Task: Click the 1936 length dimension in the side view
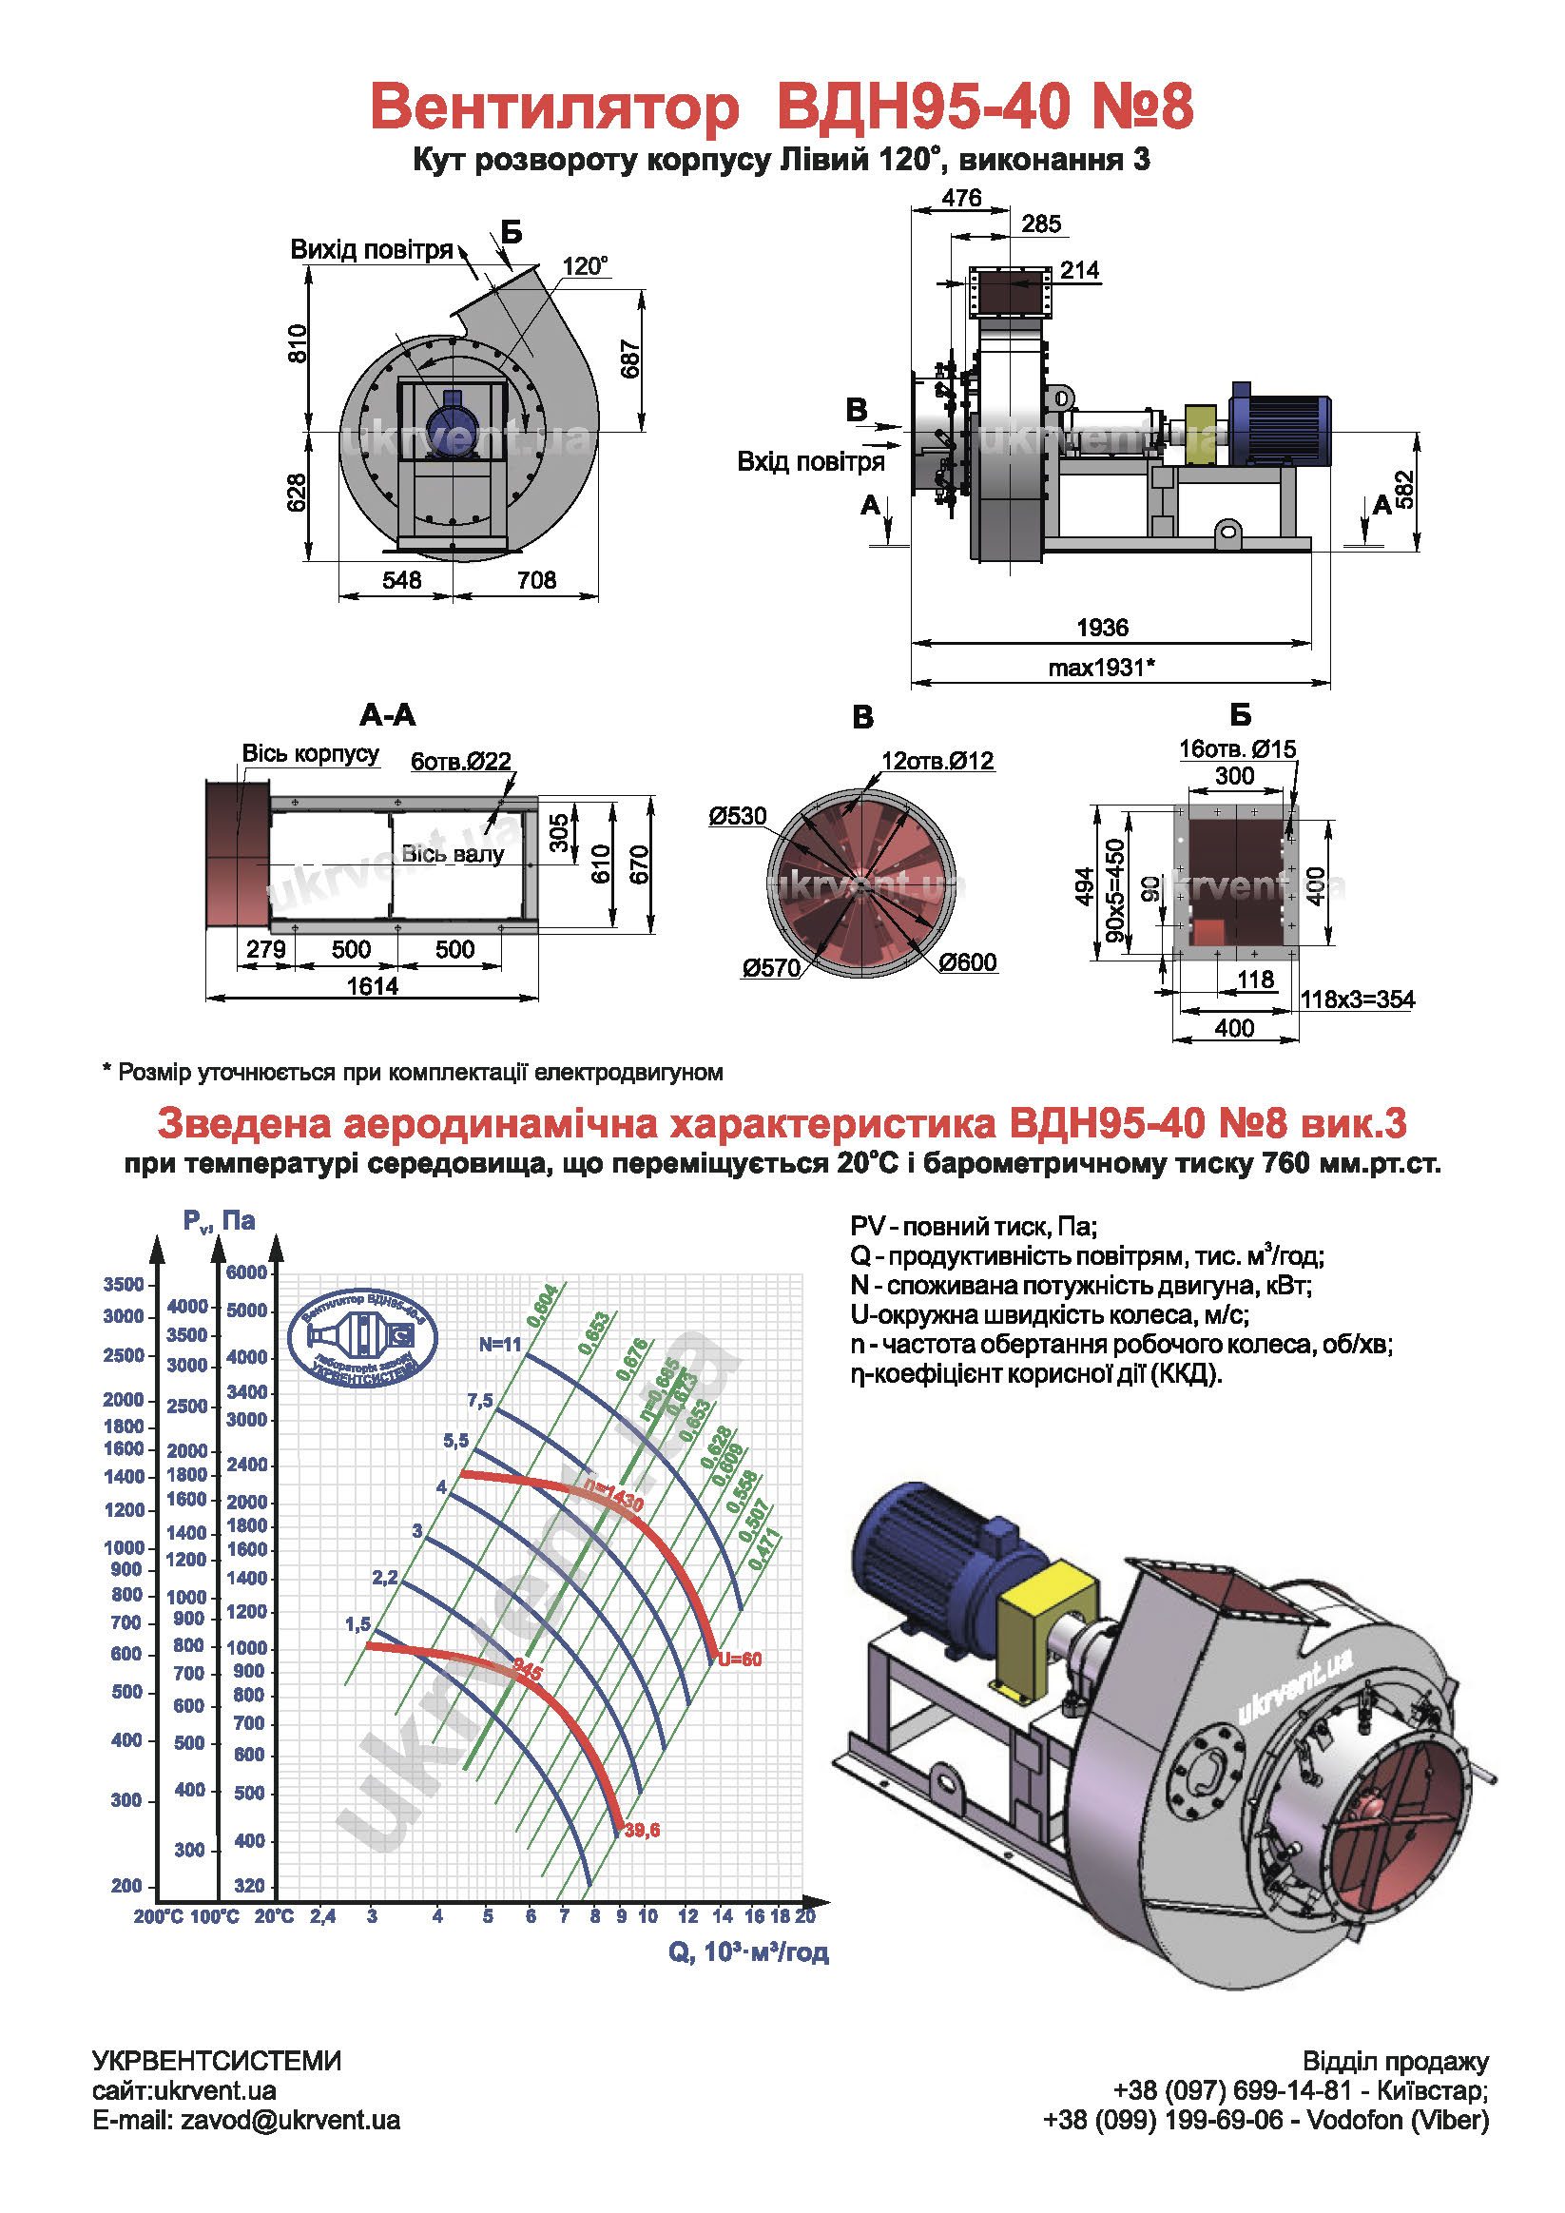[1101, 628]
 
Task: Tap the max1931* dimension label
[1101, 667]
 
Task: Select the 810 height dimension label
[298, 344]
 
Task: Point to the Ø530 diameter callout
[737, 816]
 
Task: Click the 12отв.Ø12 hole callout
[937, 761]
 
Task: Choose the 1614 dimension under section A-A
[372, 986]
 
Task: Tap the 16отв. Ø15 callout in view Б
[1237, 748]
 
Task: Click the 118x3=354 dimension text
[1357, 999]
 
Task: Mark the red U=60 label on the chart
[740, 1659]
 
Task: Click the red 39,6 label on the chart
[642, 1830]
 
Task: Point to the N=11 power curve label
[500, 1344]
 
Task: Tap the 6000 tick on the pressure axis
[246, 1272]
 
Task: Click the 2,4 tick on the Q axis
[323, 1916]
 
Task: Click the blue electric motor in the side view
[1280, 425]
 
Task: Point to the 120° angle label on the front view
[585, 266]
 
